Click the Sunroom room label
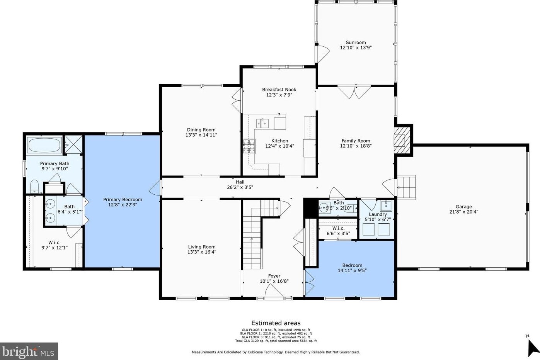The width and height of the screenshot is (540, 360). (355, 42)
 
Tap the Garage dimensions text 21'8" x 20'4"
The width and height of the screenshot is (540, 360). (463, 212)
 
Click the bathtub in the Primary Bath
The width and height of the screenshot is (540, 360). (44, 146)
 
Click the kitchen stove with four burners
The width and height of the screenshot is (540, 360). (249, 146)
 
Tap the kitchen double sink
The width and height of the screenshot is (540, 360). (263, 123)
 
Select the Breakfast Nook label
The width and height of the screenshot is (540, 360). (279, 90)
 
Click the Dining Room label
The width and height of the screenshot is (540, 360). (201, 130)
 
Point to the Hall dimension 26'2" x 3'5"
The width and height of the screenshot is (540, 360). (240, 187)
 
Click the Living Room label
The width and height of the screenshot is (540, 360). (201, 247)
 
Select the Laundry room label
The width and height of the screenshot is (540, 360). (378, 214)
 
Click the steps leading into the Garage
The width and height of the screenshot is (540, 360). (407, 187)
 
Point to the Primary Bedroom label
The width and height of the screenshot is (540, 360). (123, 200)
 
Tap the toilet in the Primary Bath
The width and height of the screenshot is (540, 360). (34, 186)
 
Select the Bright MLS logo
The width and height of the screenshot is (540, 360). (29, 351)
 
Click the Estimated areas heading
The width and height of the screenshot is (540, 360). (276, 323)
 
